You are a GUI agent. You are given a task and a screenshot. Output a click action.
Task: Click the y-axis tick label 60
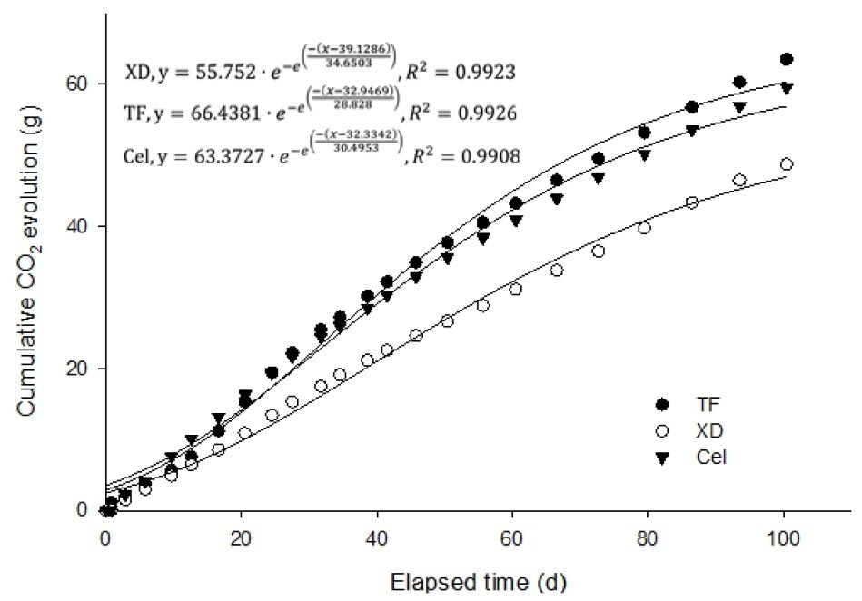pos(81,84)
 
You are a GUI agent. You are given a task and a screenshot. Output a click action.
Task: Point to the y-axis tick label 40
pos(81,226)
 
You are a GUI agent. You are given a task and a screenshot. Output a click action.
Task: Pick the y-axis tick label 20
pos(81,369)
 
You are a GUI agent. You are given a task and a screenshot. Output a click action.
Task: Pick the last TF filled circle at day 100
pos(787,59)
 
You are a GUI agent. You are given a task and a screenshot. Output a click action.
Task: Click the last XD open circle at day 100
pos(787,164)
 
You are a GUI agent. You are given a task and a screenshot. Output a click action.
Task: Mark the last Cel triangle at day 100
pos(787,88)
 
